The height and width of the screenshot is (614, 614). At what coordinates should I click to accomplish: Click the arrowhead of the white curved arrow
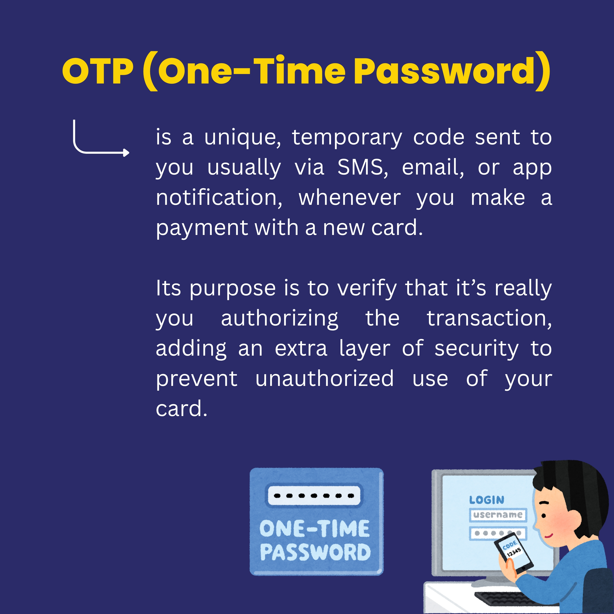(x=127, y=153)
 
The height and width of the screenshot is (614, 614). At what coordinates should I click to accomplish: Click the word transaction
(x=489, y=318)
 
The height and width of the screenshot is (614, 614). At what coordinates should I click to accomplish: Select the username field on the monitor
(x=498, y=515)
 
